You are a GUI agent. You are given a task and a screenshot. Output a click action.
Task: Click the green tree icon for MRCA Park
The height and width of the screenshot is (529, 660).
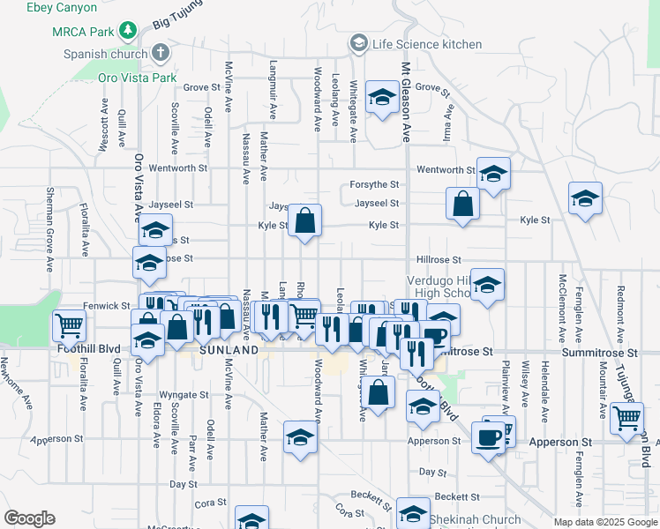(129, 31)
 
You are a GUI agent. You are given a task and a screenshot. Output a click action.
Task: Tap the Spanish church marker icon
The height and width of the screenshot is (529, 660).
(160, 53)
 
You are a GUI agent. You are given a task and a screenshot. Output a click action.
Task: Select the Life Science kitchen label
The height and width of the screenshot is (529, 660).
(426, 44)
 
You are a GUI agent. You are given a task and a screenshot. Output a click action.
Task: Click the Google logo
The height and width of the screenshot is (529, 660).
(29, 518)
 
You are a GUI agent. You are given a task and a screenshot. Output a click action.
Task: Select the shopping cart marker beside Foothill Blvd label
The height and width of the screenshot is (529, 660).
(69, 325)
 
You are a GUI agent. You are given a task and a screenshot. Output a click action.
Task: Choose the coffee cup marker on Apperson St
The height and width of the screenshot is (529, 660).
(488, 436)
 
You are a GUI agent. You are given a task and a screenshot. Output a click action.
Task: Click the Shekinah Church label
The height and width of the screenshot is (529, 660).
(469, 519)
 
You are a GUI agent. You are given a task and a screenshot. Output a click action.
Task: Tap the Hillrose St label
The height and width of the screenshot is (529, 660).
(439, 260)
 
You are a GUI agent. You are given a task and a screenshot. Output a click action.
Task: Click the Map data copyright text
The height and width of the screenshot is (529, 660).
(605, 522)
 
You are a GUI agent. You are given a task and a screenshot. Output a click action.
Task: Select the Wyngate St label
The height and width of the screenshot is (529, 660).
(184, 395)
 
